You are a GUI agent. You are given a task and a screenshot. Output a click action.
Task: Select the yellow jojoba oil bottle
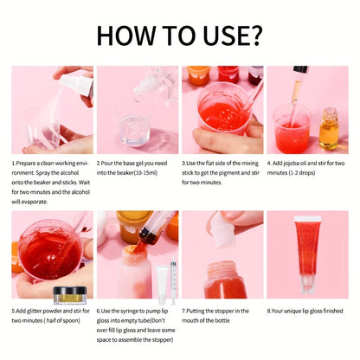tap(329, 128)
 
